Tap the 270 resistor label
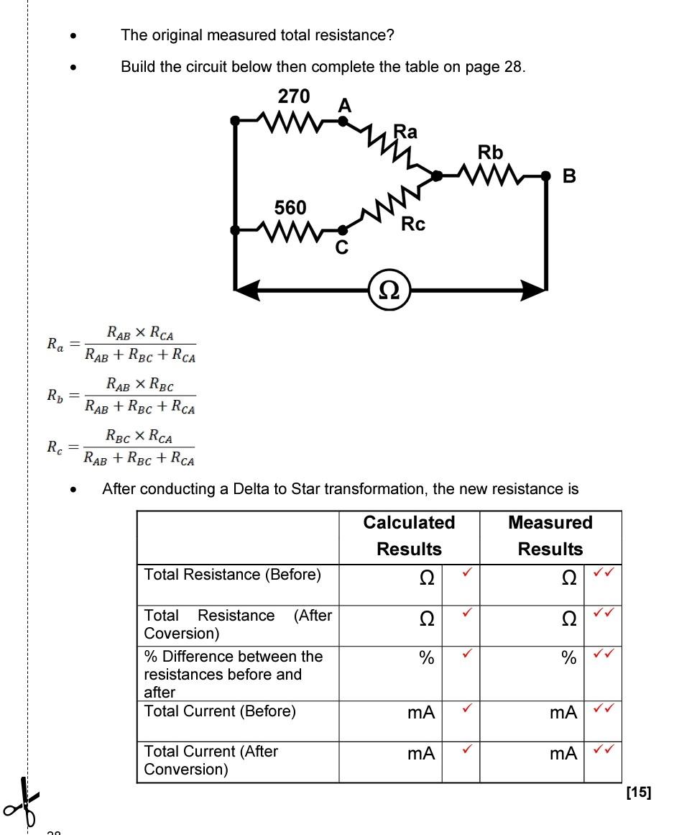[293, 96]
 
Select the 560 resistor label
[290, 208]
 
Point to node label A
[345, 106]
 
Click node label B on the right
[569, 176]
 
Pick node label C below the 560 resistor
[342, 248]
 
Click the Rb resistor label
[491, 152]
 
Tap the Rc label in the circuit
[413, 224]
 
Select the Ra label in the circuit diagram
[405, 132]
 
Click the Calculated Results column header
[409, 536]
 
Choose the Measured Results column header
[550, 536]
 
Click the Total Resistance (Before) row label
[232, 574]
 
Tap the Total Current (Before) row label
[220, 711]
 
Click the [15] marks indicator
[638, 793]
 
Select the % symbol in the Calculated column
[427, 657]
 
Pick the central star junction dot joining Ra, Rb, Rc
[435, 175]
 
